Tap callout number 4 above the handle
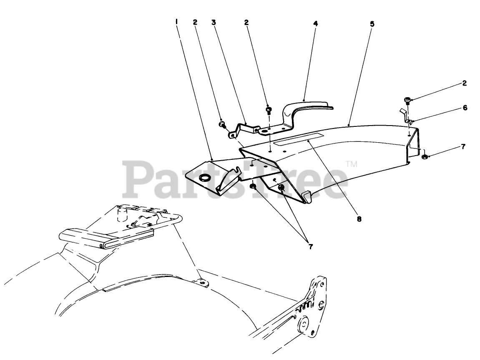click(x=315, y=23)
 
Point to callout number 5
click(x=372, y=23)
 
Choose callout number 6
click(x=464, y=108)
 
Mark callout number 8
click(x=359, y=218)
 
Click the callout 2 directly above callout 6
click(x=464, y=83)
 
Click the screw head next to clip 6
click(x=407, y=100)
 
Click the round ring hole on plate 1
click(x=205, y=178)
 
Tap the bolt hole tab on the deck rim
click(x=203, y=283)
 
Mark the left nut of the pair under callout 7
click(x=253, y=186)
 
